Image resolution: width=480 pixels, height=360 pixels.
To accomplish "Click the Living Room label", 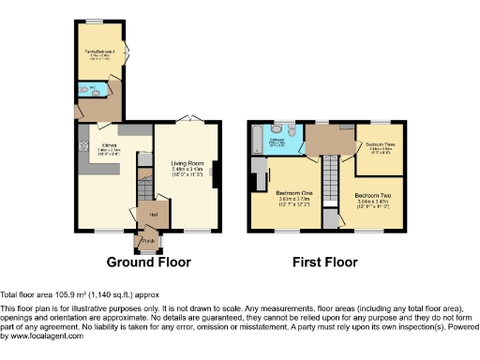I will pos(187,163).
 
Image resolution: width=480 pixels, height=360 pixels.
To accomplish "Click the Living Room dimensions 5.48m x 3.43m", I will pos(187,170).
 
